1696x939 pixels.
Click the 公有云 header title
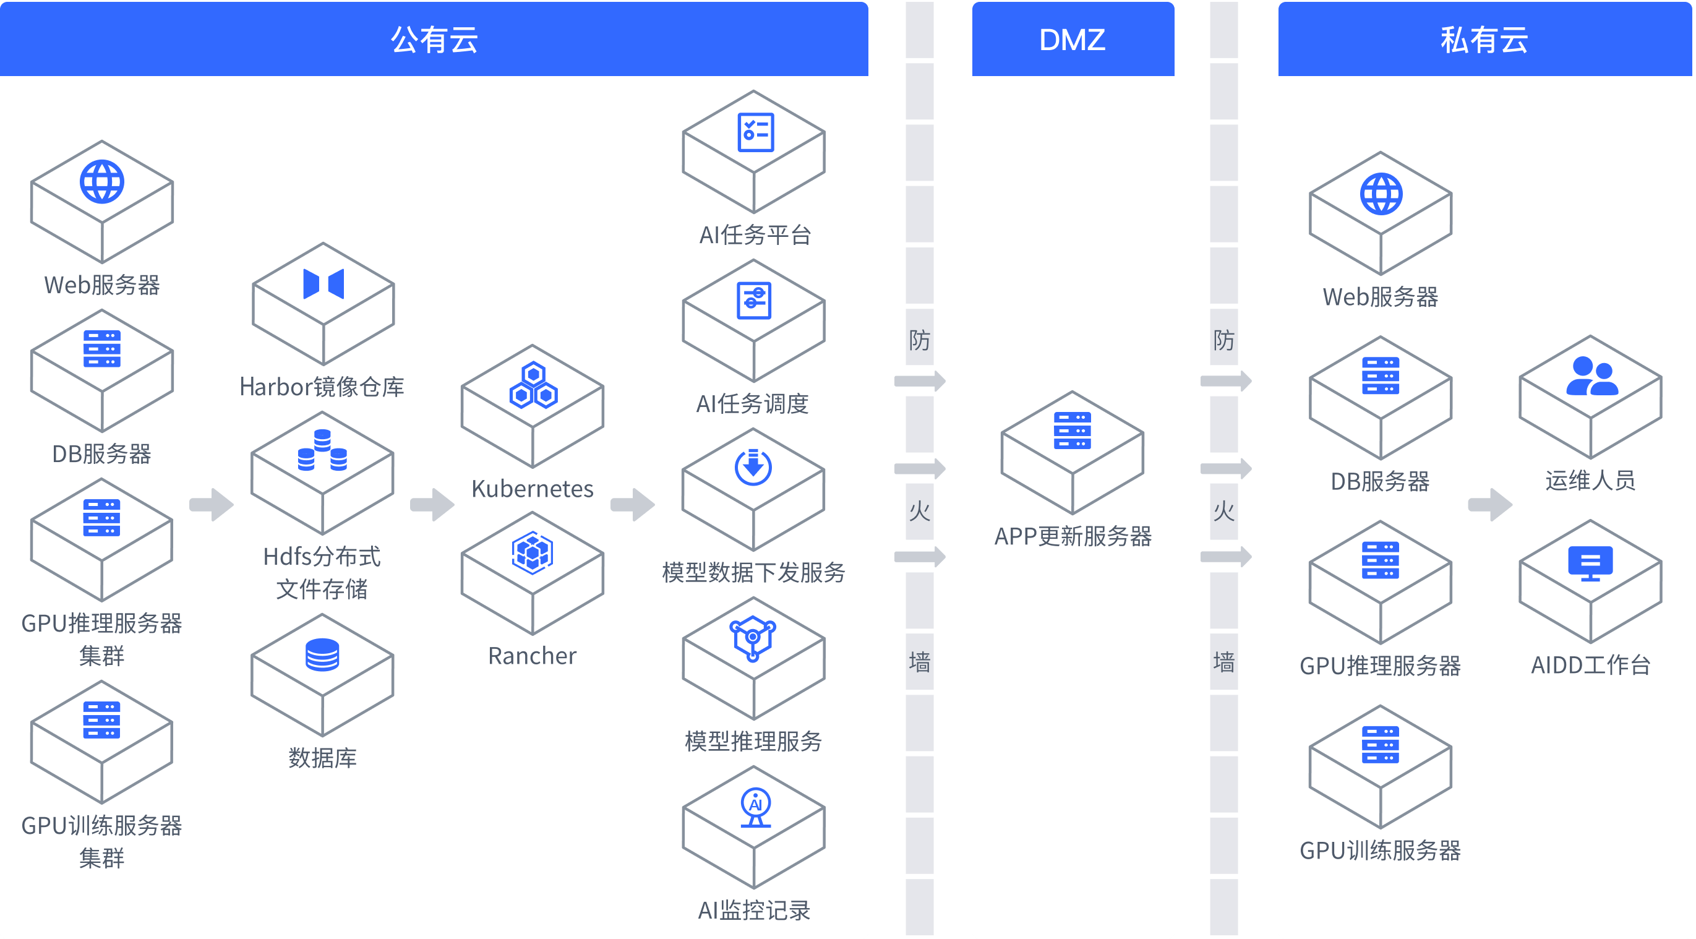[x=434, y=40]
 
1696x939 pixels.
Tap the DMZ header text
[x=1072, y=40]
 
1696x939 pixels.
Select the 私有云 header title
[x=1484, y=40]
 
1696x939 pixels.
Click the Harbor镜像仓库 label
[x=322, y=387]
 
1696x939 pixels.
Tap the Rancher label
[x=532, y=656]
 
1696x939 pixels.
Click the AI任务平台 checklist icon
[x=755, y=132]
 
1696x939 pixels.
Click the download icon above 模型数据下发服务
[x=753, y=467]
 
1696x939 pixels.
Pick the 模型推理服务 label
[x=753, y=742]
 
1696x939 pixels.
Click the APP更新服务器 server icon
[x=1072, y=431]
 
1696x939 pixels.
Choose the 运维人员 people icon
[x=1591, y=376]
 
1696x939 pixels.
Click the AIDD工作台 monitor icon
[x=1590, y=564]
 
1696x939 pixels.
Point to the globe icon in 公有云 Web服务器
[x=101, y=182]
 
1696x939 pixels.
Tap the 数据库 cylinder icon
[x=322, y=654]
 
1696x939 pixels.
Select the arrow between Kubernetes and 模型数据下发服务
[x=632, y=505]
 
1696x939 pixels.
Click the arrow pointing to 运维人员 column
[x=1490, y=505]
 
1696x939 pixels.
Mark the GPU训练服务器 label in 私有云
[x=1380, y=851]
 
